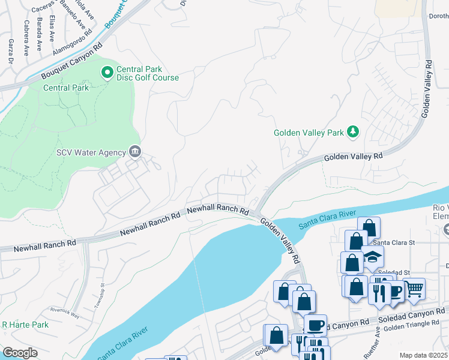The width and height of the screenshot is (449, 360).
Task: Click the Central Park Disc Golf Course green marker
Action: point(107,73)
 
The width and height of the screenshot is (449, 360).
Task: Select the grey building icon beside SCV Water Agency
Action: point(134,152)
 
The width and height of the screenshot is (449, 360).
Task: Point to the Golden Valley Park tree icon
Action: point(354,132)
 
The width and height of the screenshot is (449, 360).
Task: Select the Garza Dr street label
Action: point(11,52)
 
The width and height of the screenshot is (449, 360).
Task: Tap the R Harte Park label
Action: point(25,325)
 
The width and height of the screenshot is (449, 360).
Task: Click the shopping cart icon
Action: point(414,289)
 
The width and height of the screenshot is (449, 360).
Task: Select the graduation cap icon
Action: point(373,257)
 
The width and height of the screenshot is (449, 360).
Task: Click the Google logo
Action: point(20,353)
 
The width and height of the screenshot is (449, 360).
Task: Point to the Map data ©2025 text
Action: point(423,355)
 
